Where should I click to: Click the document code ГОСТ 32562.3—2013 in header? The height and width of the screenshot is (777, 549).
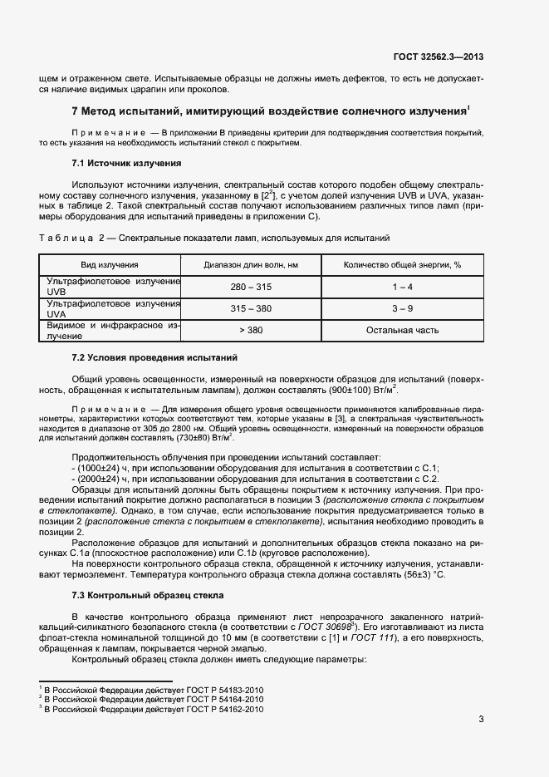pos(438,57)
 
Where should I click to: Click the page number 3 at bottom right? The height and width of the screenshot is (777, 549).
pos(481,720)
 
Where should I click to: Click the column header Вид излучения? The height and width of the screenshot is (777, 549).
pos(110,264)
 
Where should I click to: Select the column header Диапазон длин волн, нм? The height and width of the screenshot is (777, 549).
pos(251,264)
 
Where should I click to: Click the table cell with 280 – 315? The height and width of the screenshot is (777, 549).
pos(251,287)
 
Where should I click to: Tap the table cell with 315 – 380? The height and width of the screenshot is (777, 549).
pos(251,308)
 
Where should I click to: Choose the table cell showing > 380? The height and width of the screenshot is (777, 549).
pos(251,330)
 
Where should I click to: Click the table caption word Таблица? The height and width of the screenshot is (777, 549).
pos(68,239)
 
